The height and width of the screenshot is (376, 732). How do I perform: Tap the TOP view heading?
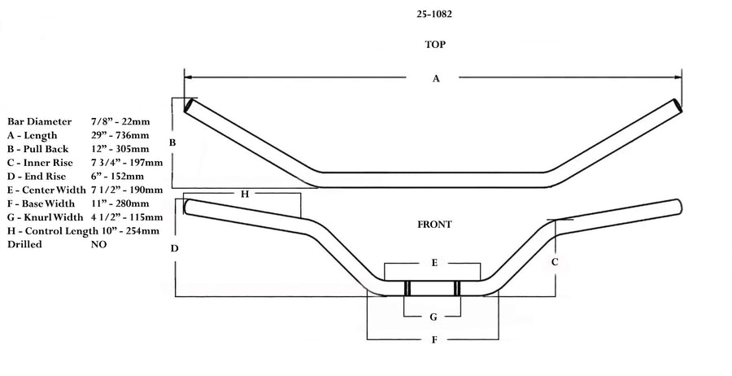point(435,45)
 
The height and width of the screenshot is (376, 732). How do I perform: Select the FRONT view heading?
point(436,224)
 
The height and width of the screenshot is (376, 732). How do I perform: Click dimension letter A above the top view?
point(436,78)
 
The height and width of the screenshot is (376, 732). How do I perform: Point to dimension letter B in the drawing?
point(172,143)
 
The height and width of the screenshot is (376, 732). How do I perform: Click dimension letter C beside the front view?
point(555,262)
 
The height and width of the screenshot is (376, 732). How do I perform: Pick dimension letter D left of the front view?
point(174,248)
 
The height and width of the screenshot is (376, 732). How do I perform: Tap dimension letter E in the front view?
point(434,264)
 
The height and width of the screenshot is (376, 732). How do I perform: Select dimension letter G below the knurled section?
point(434,317)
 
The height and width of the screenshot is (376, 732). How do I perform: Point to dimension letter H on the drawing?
point(244,194)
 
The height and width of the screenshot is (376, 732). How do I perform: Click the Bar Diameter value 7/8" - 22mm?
point(121,121)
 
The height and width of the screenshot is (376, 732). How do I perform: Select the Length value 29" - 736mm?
point(120,135)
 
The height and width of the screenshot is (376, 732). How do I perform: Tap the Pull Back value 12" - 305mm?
point(120,149)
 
